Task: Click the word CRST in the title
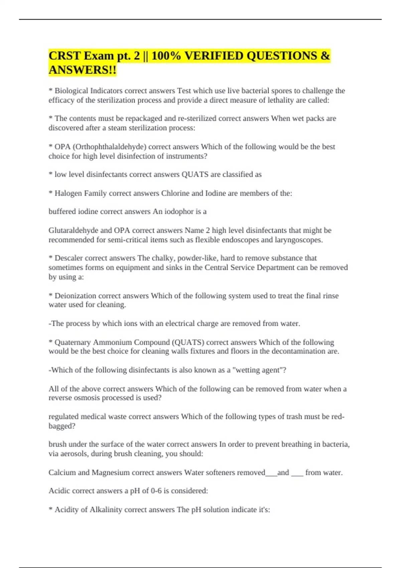tap(65, 55)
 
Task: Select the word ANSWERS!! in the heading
tap(83, 70)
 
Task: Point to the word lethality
tap(280, 100)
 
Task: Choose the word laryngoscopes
tap(301, 240)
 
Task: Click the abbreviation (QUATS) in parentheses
tap(188, 342)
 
